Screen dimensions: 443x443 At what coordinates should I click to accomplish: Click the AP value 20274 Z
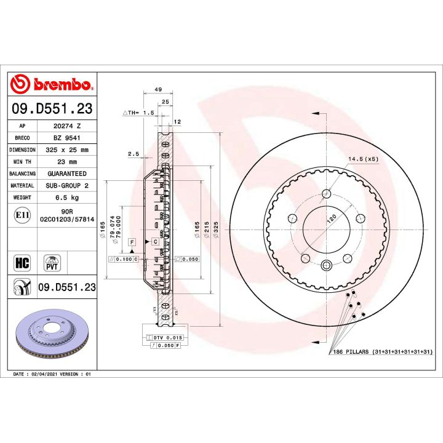pos(67,125)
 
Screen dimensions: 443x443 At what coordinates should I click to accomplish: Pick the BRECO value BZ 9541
pos(67,137)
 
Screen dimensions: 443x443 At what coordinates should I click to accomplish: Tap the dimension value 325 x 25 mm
pos(67,150)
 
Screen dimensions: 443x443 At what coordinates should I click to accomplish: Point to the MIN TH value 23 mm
pos(67,161)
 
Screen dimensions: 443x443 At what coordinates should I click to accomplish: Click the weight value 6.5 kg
pos(67,198)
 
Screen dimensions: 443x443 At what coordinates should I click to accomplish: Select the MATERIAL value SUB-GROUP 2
pos(67,185)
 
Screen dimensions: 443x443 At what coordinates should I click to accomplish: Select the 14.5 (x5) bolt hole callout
pos(364,159)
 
